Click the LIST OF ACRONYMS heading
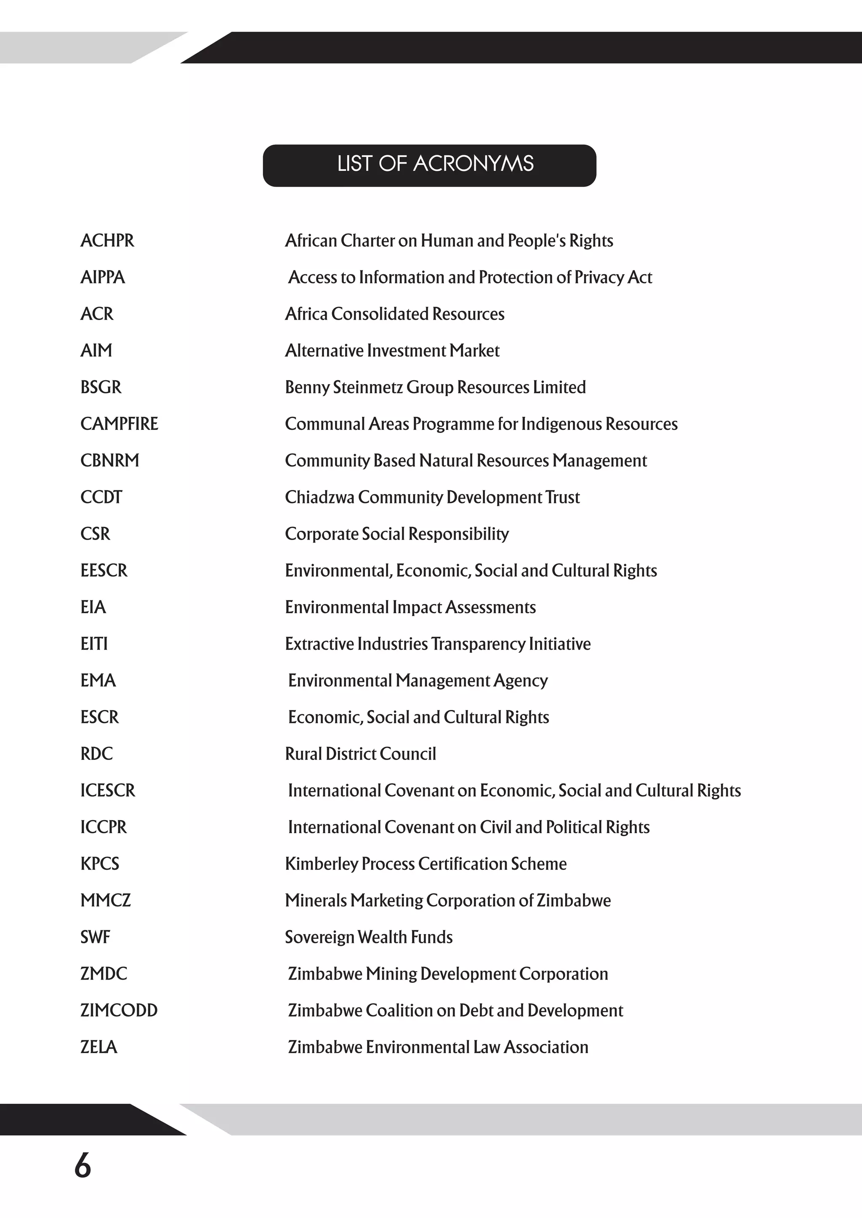coord(435,164)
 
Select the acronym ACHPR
coord(107,241)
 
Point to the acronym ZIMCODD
coord(119,1010)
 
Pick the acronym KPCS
coord(100,863)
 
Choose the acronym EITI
coord(94,644)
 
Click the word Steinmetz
coord(368,387)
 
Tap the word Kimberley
coord(321,863)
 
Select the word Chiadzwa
coord(319,497)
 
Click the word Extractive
coord(319,644)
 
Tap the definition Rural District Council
coord(360,754)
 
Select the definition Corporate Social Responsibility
coord(396,534)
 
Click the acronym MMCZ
coord(105,900)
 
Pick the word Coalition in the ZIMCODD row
coord(399,1010)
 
